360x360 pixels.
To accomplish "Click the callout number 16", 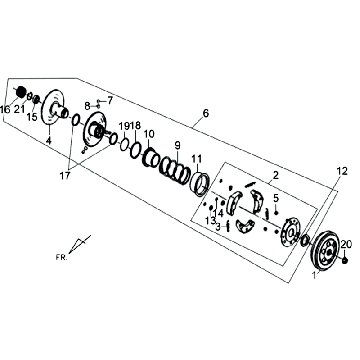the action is pyautogui.click(x=5, y=109).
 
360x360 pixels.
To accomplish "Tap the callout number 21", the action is pyautogui.click(x=19, y=109).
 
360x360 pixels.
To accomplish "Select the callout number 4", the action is pyautogui.click(x=49, y=141).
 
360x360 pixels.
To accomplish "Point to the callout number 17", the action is pyautogui.click(x=65, y=176).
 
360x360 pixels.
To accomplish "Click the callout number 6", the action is pyautogui.click(x=206, y=113).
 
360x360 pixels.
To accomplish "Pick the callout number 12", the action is pyautogui.click(x=342, y=171).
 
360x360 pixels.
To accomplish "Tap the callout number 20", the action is pyautogui.click(x=346, y=244).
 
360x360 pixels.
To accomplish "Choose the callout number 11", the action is pyautogui.click(x=197, y=158).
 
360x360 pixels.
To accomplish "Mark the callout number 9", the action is pyautogui.click(x=177, y=145).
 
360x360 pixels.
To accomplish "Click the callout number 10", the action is pyautogui.click(x=149, y=134).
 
